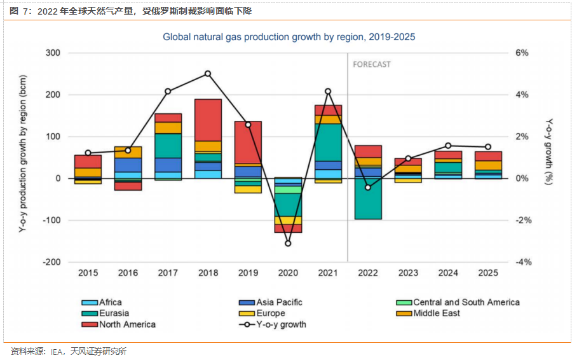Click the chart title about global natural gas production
289,37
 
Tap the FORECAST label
372,64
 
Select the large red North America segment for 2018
208,120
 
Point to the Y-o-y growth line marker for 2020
288,244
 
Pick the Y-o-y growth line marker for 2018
208,74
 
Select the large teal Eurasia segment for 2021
328,142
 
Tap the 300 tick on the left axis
53,53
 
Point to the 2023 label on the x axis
408,273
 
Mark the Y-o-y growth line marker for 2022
368,187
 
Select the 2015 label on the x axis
88,273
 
